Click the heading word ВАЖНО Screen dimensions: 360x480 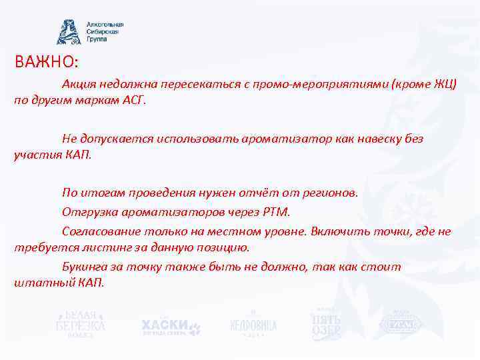click(44, 62)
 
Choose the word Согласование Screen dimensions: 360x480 click(101, 231)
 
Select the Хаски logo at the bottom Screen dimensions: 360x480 click(170, 325)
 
